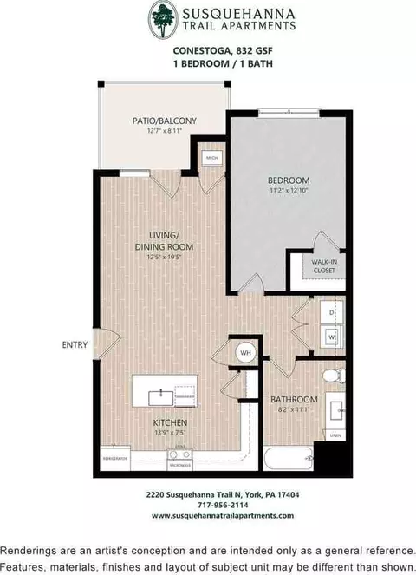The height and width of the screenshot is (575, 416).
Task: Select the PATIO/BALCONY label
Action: (x=165, y=121)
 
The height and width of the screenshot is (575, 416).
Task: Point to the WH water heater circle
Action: (x=244, y=353)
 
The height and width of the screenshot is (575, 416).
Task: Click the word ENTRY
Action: (x=75, y=344)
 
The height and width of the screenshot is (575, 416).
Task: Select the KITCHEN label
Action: (x=169, y=423)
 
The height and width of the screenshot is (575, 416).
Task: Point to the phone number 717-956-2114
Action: (x=209, y=505)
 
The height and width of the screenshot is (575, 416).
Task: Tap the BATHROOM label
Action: (x=294, y=400)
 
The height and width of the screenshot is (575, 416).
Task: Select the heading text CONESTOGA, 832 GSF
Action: (x=208, y=51)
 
